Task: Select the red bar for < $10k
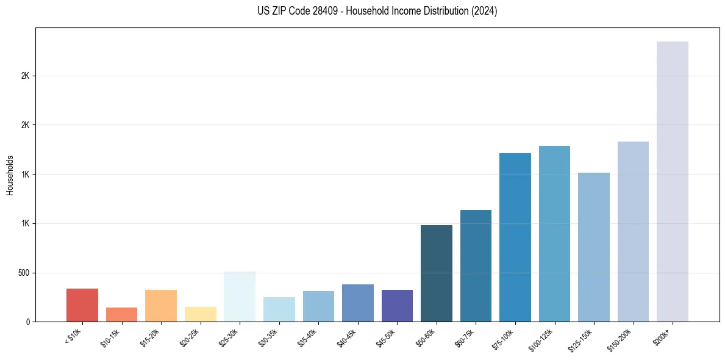82,305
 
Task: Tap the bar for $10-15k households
121,314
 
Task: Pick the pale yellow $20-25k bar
201,314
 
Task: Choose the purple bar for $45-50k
397,306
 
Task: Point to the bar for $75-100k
515,237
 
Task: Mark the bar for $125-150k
594,247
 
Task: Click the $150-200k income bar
633,231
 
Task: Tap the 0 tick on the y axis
28,322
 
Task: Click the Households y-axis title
10,175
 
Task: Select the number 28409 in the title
318,11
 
